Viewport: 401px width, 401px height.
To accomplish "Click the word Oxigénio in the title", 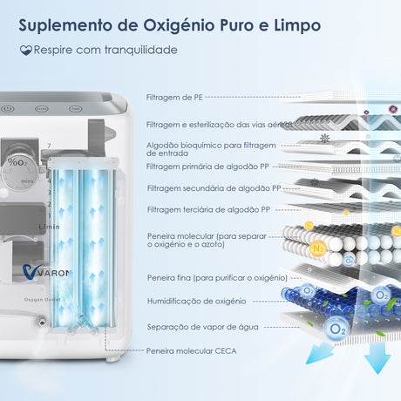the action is tap(179, 25).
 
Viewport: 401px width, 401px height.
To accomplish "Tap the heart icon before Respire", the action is tap(26, 50).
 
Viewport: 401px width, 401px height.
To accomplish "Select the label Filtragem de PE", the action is tap(174, 98).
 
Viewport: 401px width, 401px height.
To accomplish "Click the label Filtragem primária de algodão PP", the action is tap(207, 167).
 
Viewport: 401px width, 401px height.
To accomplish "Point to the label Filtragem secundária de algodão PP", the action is tap(214, 188).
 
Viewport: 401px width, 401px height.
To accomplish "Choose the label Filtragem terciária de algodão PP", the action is tap(208, 209).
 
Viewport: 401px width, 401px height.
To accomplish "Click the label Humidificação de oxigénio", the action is tap(197, 301).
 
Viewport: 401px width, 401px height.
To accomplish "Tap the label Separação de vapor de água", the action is tap(202, 327).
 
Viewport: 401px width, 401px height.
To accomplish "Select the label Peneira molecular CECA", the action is tap(191, 351).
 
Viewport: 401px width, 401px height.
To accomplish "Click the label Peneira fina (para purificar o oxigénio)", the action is tap(217, 278).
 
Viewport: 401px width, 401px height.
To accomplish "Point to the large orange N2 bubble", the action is tap(318, 248).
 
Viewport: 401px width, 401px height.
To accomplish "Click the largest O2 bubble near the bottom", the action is tap(336, 329).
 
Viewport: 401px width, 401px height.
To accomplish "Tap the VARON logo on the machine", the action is tap(46, 272).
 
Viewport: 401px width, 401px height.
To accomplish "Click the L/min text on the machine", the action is tap(50, 227).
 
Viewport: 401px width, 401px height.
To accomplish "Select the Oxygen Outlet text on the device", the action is tap(42, 299).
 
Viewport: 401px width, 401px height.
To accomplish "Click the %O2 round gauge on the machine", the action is tap(19, 172).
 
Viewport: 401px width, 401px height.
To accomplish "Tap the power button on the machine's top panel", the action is tap(7, 109).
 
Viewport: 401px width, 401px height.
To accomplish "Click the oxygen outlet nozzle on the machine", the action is tap(42, 322).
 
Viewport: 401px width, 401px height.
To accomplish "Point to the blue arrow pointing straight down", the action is tap(377, 357).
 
